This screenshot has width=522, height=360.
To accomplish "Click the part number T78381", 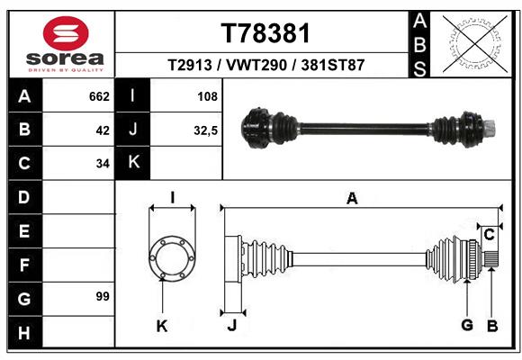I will tap(265, 33).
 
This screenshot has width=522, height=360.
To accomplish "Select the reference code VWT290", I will tap(264, 66).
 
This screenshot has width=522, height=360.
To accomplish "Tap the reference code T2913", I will tap(193, 66).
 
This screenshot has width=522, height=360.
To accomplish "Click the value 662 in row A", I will tap(98, 95).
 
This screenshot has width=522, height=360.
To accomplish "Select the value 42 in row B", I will tap(102, 130).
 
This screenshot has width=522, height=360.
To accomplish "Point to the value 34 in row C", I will tap(102, 164).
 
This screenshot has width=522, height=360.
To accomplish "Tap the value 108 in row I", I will tap(207, 95).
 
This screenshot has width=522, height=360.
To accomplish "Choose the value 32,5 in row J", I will tap(205, 130).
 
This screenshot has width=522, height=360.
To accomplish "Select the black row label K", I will tap(132, 163).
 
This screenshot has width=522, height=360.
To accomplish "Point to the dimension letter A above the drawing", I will tap(352, 199).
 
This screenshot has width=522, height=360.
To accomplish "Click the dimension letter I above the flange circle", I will tap(171, 198).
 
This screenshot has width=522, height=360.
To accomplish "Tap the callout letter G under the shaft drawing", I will tap(466, 326).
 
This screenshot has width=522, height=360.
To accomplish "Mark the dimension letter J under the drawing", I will tap(231, 326).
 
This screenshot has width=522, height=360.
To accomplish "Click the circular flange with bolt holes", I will tap(171, 258).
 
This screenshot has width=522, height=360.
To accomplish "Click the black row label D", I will tap(23, 196).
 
